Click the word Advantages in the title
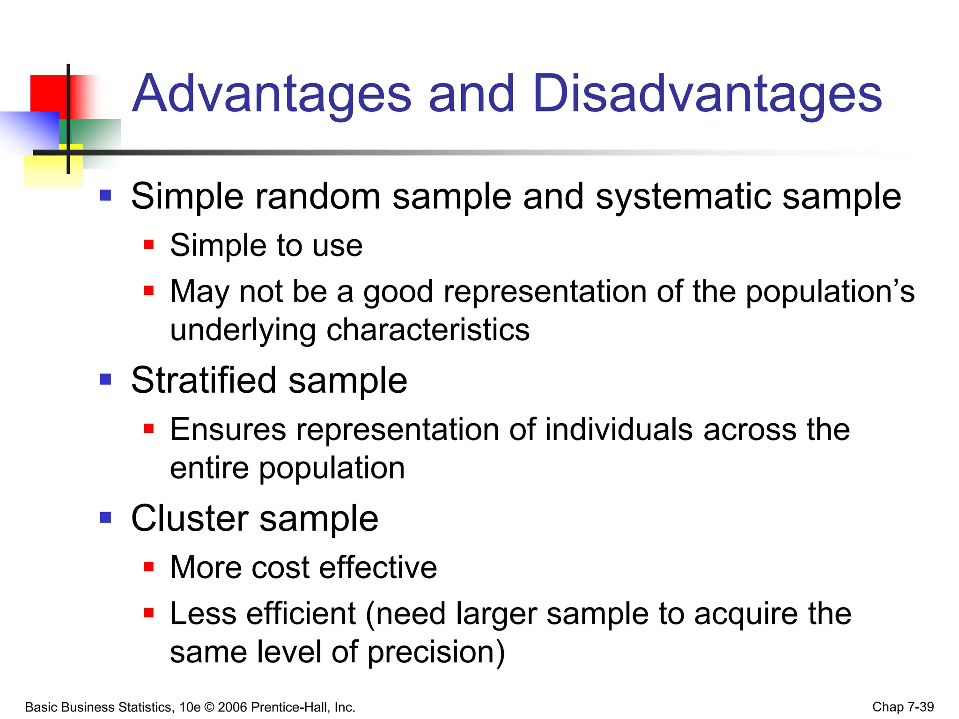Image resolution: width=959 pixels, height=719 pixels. click(x=272, y=95)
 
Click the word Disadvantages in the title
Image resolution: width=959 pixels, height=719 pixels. click(x=707, y=95)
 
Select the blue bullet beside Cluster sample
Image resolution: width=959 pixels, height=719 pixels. click(x=105, y=517)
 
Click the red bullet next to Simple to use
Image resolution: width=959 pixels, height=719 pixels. click(x=149, y=244)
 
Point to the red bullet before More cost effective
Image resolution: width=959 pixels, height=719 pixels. click(x=149, y=567)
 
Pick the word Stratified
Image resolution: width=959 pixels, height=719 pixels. click(x=204, y=380)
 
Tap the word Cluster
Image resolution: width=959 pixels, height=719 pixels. click(x=190, y=519)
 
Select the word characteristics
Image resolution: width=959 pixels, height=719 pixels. click(x=428, y=330)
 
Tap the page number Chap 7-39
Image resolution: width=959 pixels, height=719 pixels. click(x=903, y=707)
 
